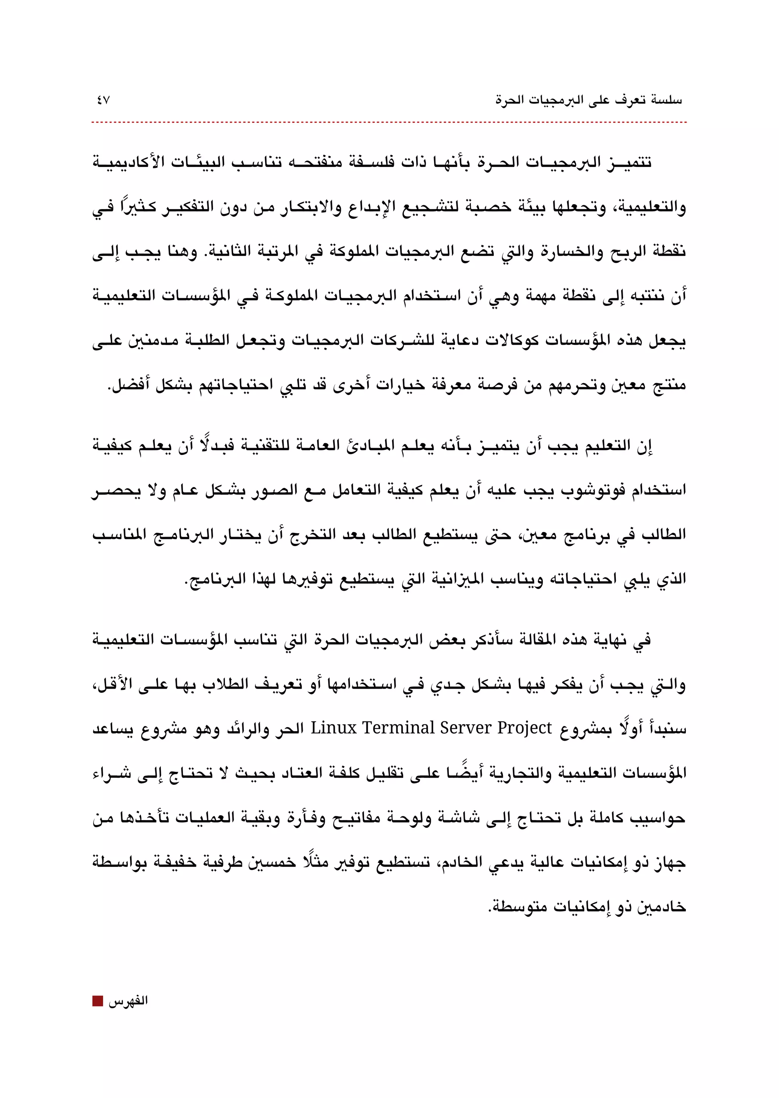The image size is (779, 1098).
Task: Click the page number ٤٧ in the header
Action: click(103, 101)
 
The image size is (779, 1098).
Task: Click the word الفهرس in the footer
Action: click(128, 1001)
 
